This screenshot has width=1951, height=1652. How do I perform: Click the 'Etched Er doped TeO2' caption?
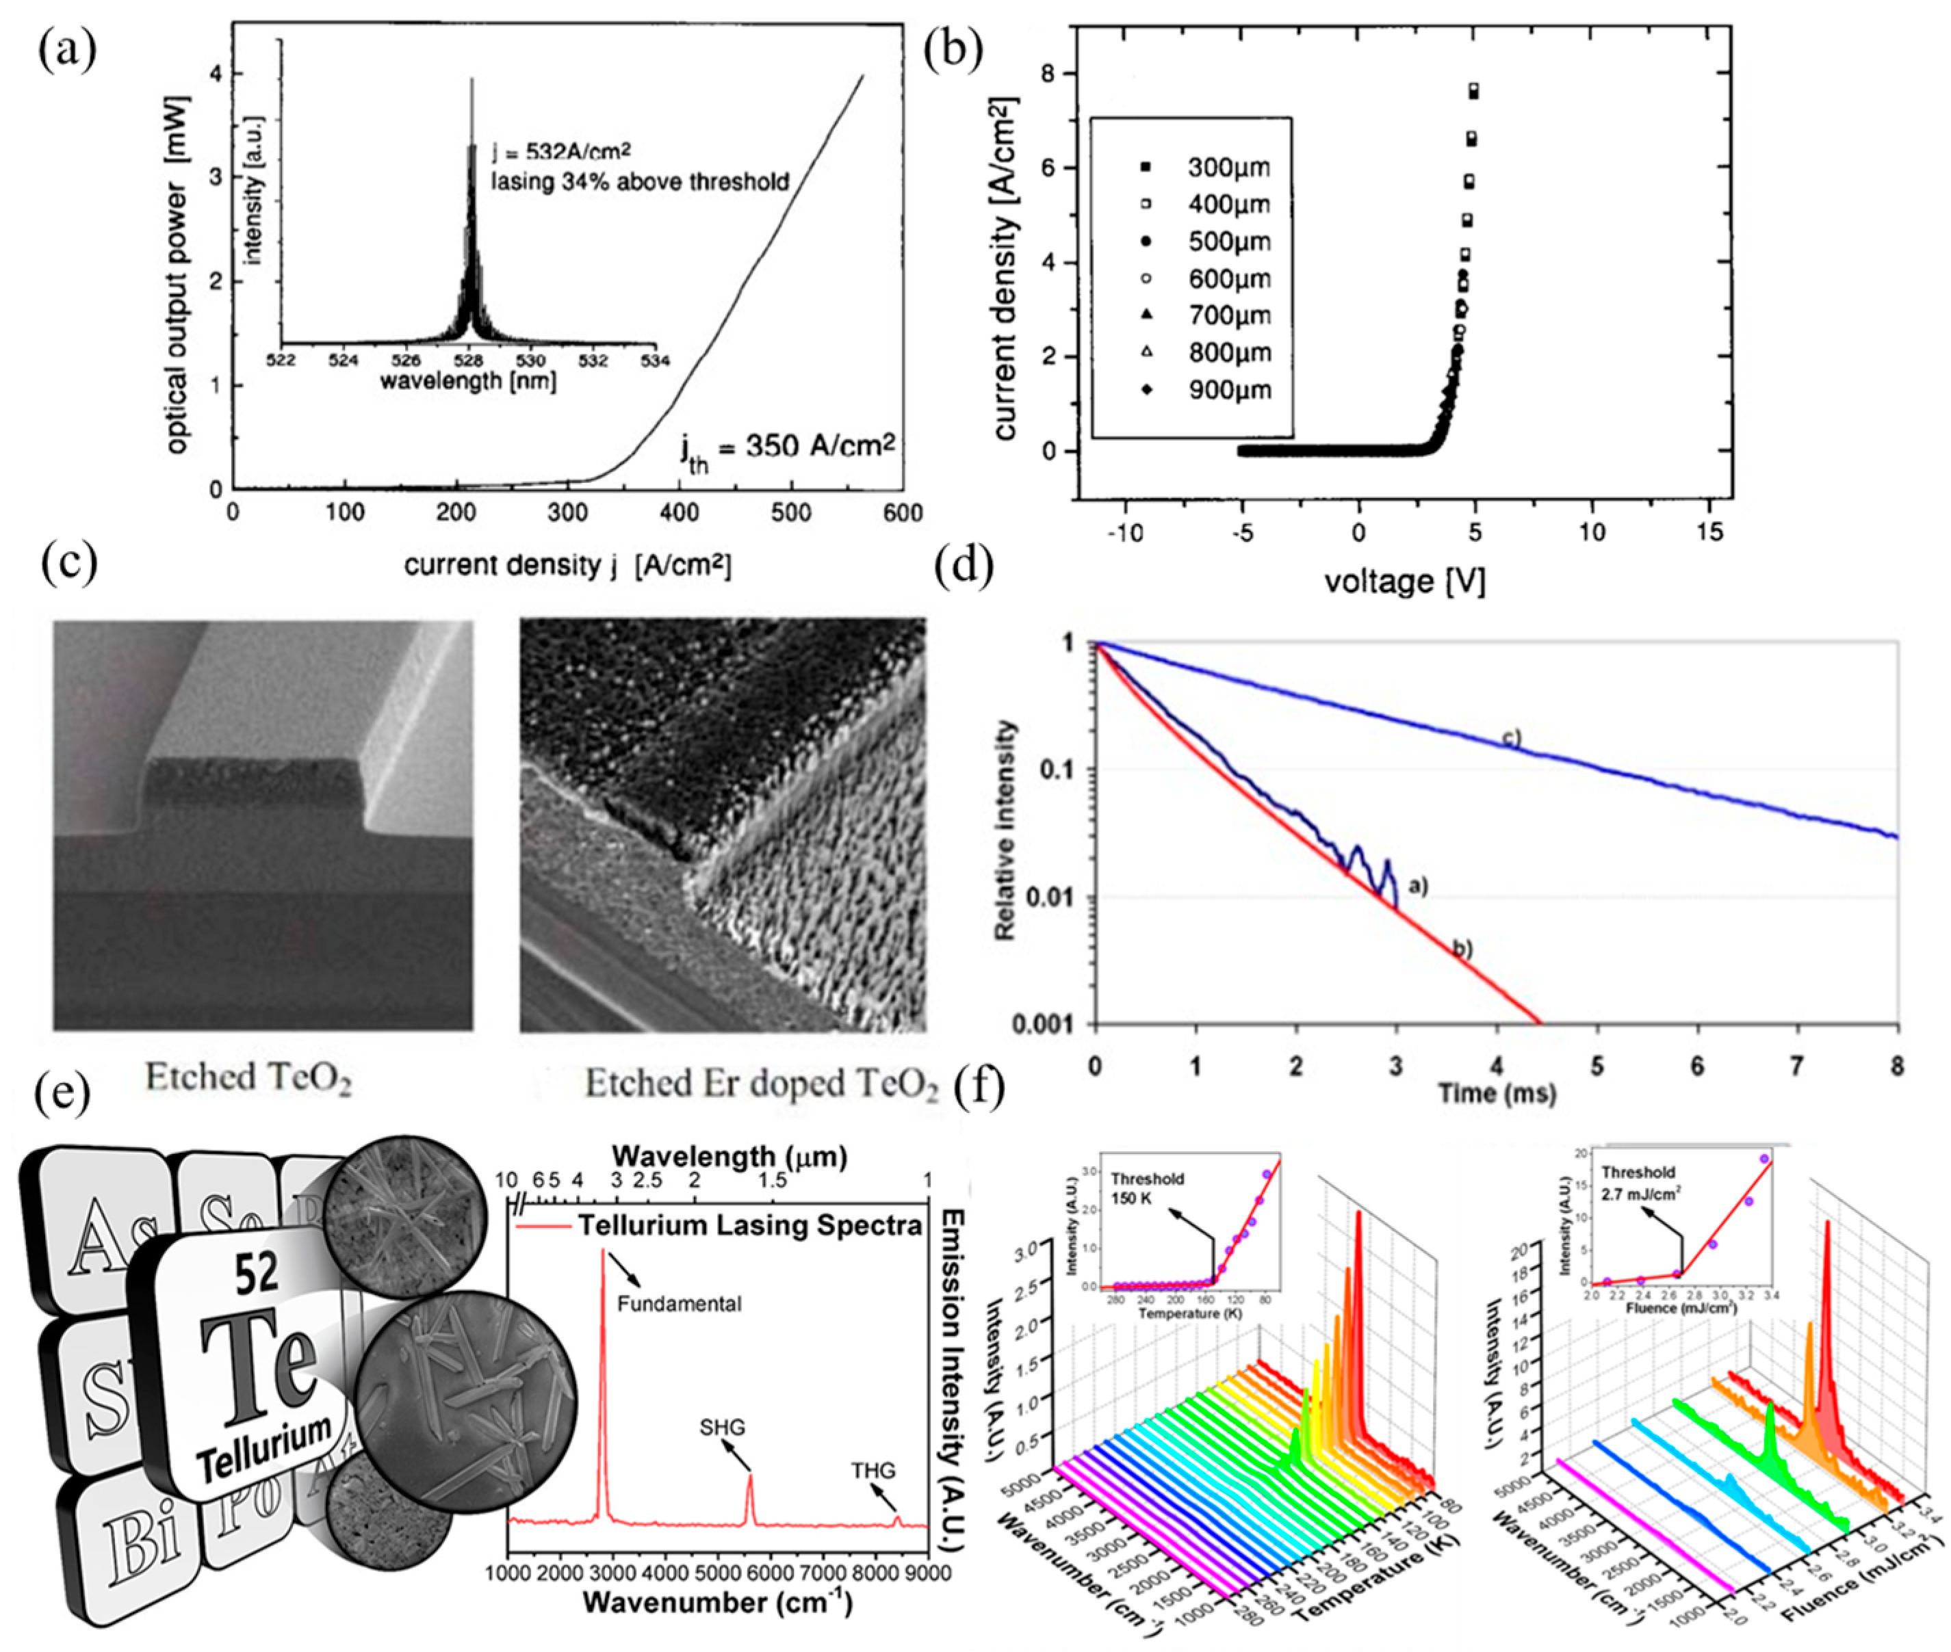[762, 1084]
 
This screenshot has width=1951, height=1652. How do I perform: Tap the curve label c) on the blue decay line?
[1512, 738]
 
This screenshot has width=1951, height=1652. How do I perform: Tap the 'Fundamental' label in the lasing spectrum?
[678, 1304]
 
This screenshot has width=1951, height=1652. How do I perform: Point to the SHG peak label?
[721, 1426]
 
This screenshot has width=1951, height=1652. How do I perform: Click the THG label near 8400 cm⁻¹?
[872, 1469]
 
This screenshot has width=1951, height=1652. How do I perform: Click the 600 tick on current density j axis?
[903, 513]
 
